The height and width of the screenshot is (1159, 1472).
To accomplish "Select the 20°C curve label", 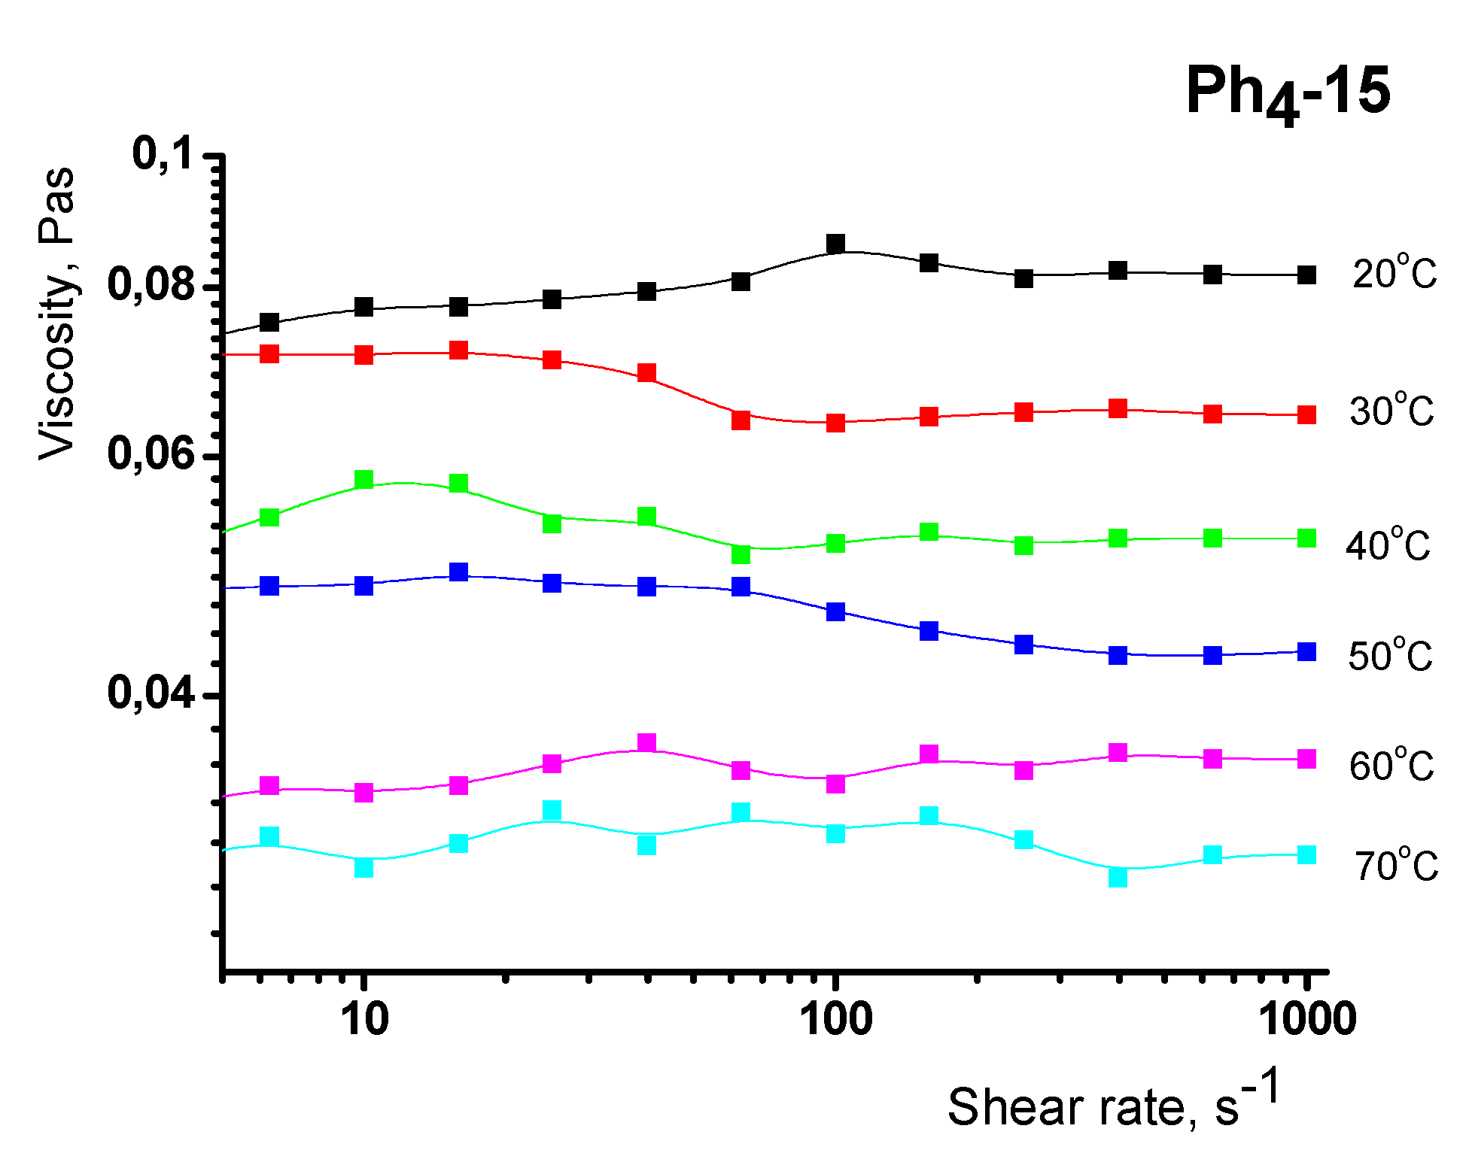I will point(1394,273).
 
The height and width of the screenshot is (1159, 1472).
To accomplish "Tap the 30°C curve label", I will point(1391,411).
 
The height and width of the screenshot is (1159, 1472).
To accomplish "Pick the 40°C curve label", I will point(1388,545).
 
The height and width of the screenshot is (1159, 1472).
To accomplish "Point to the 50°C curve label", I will point(1390,656).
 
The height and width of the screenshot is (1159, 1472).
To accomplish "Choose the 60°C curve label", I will point(1391,766).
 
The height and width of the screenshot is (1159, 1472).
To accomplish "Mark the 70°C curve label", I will point(1396,866).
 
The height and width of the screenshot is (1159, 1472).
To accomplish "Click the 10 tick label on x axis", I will point(364,1019).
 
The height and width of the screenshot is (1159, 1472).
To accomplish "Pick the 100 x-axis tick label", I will point(835,1019).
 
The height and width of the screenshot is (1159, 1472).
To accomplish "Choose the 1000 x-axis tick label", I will point(1308,1019).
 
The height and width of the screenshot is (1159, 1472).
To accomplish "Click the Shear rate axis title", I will point(1112,1103).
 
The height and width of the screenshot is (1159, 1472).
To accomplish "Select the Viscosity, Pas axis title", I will point(57,313).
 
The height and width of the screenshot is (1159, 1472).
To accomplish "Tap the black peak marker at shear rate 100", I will point(835,244).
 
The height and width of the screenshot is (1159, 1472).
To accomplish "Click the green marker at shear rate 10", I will point(364,480).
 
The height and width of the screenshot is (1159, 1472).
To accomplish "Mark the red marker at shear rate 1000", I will point(1307,415).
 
